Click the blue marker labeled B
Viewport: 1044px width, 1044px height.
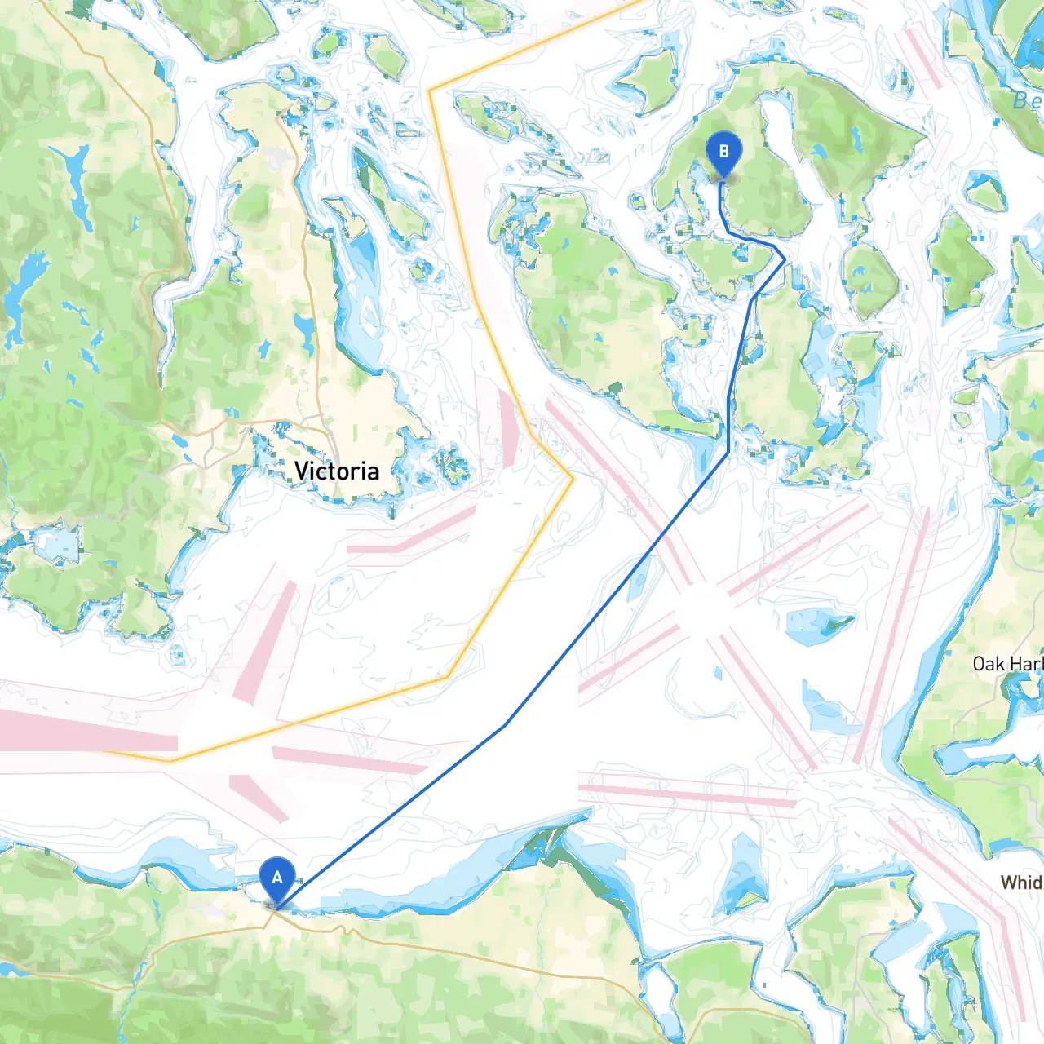click(723, 153)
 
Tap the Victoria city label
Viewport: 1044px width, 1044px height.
click(336, 471)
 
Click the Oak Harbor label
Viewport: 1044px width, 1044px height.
click(1007, 664)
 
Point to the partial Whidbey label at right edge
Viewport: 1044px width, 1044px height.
click(1021, 883)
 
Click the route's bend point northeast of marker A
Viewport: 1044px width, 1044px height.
click(506, 724)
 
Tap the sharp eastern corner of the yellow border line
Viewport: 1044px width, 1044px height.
click(573, 479)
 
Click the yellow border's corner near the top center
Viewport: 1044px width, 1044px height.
click(430, 90)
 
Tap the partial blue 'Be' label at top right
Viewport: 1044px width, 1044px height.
click(1026, 101)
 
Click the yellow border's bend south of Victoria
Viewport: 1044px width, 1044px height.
click(447, 677)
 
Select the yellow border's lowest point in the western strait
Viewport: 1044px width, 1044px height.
click(170, 760)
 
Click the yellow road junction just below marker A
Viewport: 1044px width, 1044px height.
click(276, 914)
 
